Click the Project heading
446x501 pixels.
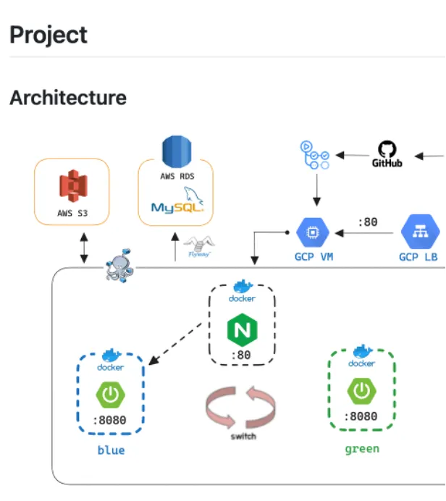click(49, 35)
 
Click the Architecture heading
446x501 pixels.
click(68, 98)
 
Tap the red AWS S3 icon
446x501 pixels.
click(72, 186)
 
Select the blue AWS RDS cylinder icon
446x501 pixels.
click(177, 153)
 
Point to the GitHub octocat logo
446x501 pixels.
click(387, 150)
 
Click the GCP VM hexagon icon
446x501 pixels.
click(314, 232)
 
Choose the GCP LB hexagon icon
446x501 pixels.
click(418, 232)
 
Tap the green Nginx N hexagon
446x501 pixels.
click(242, 330)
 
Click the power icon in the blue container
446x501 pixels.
click(111, 395)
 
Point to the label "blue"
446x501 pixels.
click(111, 450)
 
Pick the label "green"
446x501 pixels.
click(361, 449)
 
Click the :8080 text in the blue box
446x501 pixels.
click(111, 422)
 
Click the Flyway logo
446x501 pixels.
click(198, 246)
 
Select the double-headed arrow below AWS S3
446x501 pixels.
click(84, 248)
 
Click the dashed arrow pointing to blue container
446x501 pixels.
click(177, 343)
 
